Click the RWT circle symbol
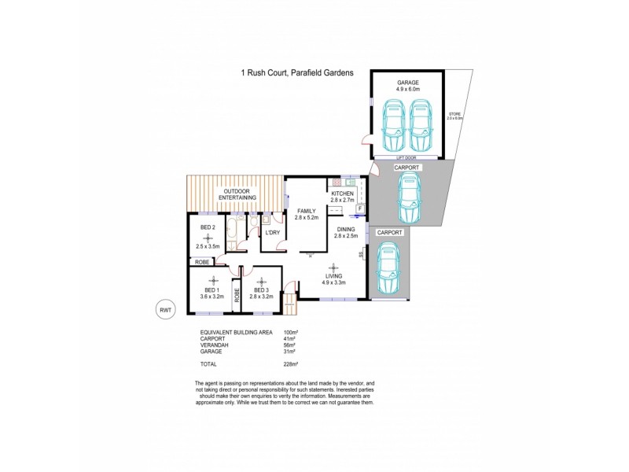coord(165,310)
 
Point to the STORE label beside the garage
coord(455,114)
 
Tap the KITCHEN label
coord(343,193)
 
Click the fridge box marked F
coord(359,210)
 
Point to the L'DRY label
coord(273,233)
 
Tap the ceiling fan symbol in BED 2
coord(208,237)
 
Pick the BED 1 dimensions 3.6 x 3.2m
coord(212,297)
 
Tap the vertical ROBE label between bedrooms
coord(236,297)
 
